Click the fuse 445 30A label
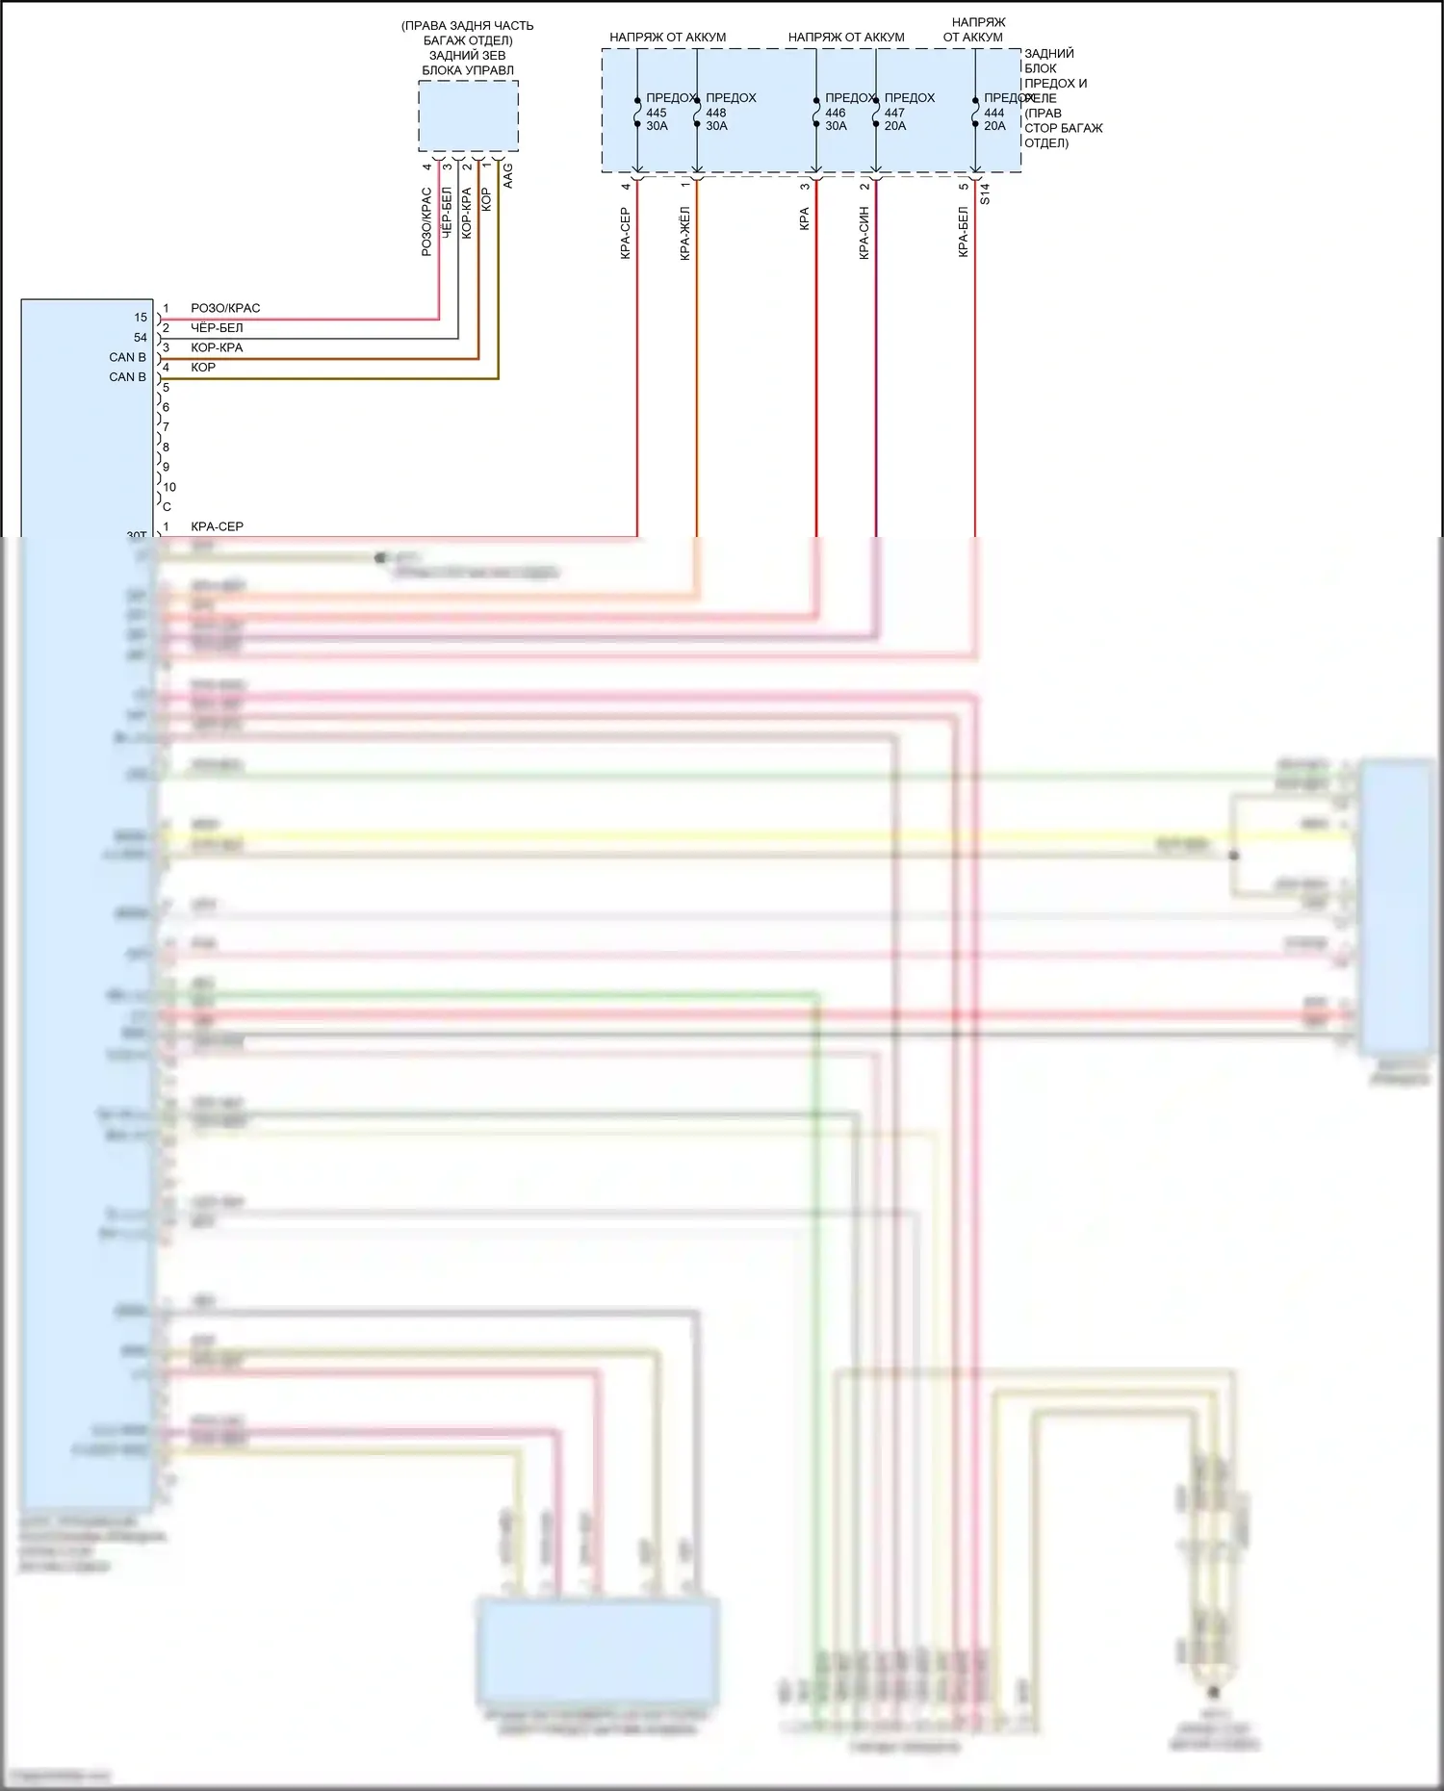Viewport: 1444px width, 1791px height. point(657,113)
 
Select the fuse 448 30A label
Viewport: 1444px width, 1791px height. point(716,113)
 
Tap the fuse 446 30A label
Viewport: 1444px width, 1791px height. point(836,113)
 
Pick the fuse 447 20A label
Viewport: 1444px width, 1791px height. point(895,113)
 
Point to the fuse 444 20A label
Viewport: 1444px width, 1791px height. point(994,113)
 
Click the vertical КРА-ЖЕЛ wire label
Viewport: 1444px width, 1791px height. point(685,233)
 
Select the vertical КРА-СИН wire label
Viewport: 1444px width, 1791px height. point(864,233)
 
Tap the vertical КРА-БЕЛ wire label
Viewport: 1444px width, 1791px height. point(964,233)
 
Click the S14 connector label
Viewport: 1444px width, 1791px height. point(985,193)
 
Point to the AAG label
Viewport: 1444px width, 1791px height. point(508,175)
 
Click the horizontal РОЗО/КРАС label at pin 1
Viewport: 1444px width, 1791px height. point(225,308)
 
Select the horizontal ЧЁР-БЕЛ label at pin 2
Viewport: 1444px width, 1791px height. point(217,328)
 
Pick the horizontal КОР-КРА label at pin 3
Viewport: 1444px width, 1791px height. point(217,347)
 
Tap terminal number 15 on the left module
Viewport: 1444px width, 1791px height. point(141,318)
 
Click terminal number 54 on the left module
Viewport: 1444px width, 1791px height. point(141,338)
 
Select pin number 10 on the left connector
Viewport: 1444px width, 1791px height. point(169,487)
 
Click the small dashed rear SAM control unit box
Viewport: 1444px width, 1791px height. point(468,116)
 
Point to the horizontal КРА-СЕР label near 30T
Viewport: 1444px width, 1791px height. point(217,526)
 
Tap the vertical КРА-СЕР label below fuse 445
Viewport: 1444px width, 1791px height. point(626,233)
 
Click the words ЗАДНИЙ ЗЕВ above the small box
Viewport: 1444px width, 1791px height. point(467,56)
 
